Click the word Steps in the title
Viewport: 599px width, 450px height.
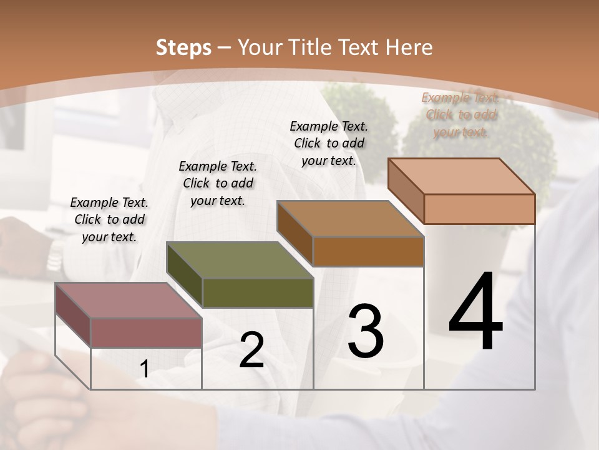[x=183, y=47]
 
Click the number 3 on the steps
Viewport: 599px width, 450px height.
[x=366, y=331]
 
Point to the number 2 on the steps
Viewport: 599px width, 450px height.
[x=251, y=350]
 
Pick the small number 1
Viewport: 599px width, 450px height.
[x=144, y=369]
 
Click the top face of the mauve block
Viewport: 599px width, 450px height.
[x=129, y=300]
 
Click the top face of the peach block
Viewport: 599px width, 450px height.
[x=461, y=176]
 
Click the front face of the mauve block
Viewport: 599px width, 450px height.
[x=146, y=332]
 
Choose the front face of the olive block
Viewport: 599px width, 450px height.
[x=257, y=292]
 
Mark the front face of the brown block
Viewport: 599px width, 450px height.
[x=368, y=251]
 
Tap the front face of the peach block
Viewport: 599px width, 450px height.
[x=479, y=209]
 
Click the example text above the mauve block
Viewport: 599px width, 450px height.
[x=109, y=219]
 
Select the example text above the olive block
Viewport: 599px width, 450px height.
[x=218, y=183]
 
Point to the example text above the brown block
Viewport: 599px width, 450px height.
[x=329, y=143]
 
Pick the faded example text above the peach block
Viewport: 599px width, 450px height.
[x=460, y=114]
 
